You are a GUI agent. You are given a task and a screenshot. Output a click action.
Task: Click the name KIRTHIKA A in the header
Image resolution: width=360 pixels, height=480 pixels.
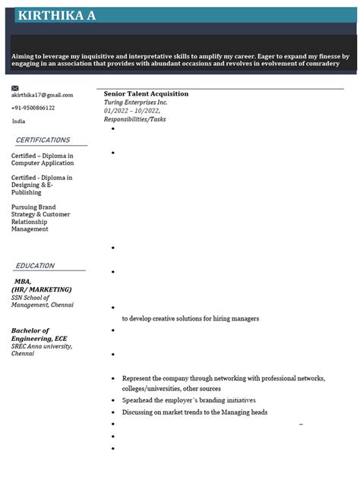[56, 15]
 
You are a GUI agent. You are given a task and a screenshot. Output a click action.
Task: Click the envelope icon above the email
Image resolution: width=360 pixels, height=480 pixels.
[15, 88]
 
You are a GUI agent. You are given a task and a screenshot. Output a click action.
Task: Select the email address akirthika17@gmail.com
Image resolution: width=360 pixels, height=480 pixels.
[42, 95]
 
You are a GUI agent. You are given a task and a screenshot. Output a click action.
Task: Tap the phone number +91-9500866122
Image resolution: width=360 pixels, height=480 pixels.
[33, 108]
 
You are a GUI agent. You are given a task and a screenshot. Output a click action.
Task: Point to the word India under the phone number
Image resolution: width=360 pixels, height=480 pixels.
[18, 121]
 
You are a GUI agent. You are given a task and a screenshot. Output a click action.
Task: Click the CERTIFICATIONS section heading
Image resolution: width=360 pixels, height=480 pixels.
[43, 141]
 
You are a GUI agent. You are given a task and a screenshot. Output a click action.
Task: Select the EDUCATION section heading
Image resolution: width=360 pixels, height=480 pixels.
[35, 266]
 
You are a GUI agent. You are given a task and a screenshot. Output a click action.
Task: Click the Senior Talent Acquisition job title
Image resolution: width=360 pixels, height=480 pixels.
[146, 93]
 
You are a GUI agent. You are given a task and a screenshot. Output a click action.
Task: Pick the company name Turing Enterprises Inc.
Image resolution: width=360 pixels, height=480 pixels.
[135, 102]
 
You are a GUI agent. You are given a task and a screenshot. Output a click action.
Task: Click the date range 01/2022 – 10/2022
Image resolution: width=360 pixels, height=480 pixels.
[132, 110]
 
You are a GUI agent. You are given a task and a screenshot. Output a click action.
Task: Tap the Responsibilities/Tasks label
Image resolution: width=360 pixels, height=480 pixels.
[134, 119]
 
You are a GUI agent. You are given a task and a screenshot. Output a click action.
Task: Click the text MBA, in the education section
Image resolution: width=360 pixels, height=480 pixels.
[23, 281]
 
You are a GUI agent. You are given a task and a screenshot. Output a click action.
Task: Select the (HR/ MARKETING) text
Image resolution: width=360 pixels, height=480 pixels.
[42, 289]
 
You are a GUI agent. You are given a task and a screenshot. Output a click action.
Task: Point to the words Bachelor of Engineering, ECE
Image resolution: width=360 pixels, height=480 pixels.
[39, 334]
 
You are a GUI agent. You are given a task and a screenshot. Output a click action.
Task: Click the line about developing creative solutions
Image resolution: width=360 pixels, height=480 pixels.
[190, 318]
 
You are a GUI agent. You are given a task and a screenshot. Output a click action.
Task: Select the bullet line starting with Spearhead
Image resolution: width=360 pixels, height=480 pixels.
[188, 399]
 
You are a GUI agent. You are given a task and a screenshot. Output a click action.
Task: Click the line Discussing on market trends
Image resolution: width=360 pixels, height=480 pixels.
[194, 412]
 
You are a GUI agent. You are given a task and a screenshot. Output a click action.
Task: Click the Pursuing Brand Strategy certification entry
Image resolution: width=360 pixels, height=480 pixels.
[40, 217]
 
